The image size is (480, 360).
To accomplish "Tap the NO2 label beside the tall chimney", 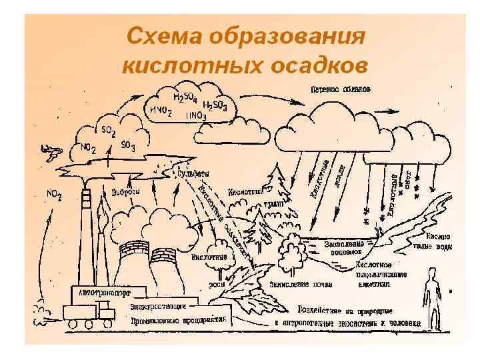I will tap(54, 195).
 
